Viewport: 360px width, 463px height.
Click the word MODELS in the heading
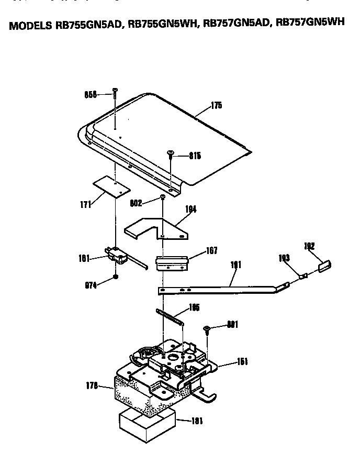click(x=30, y=27)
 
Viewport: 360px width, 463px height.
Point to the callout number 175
click(x=216, y=105)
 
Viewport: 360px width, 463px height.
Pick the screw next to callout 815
click(x=171, y=153)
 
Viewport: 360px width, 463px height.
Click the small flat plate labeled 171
click(x=111, y=186)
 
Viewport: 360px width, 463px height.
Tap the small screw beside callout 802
click(x=163, y=197)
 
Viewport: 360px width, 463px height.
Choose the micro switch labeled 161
click(x=118, y=256)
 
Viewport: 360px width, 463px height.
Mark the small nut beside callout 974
click(x=116, y=278)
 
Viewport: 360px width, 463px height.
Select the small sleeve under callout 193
click(x=303, y=274)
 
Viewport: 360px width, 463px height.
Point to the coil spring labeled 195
click(x=170, y=317)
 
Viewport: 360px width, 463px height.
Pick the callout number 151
click(x=242, y=361)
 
